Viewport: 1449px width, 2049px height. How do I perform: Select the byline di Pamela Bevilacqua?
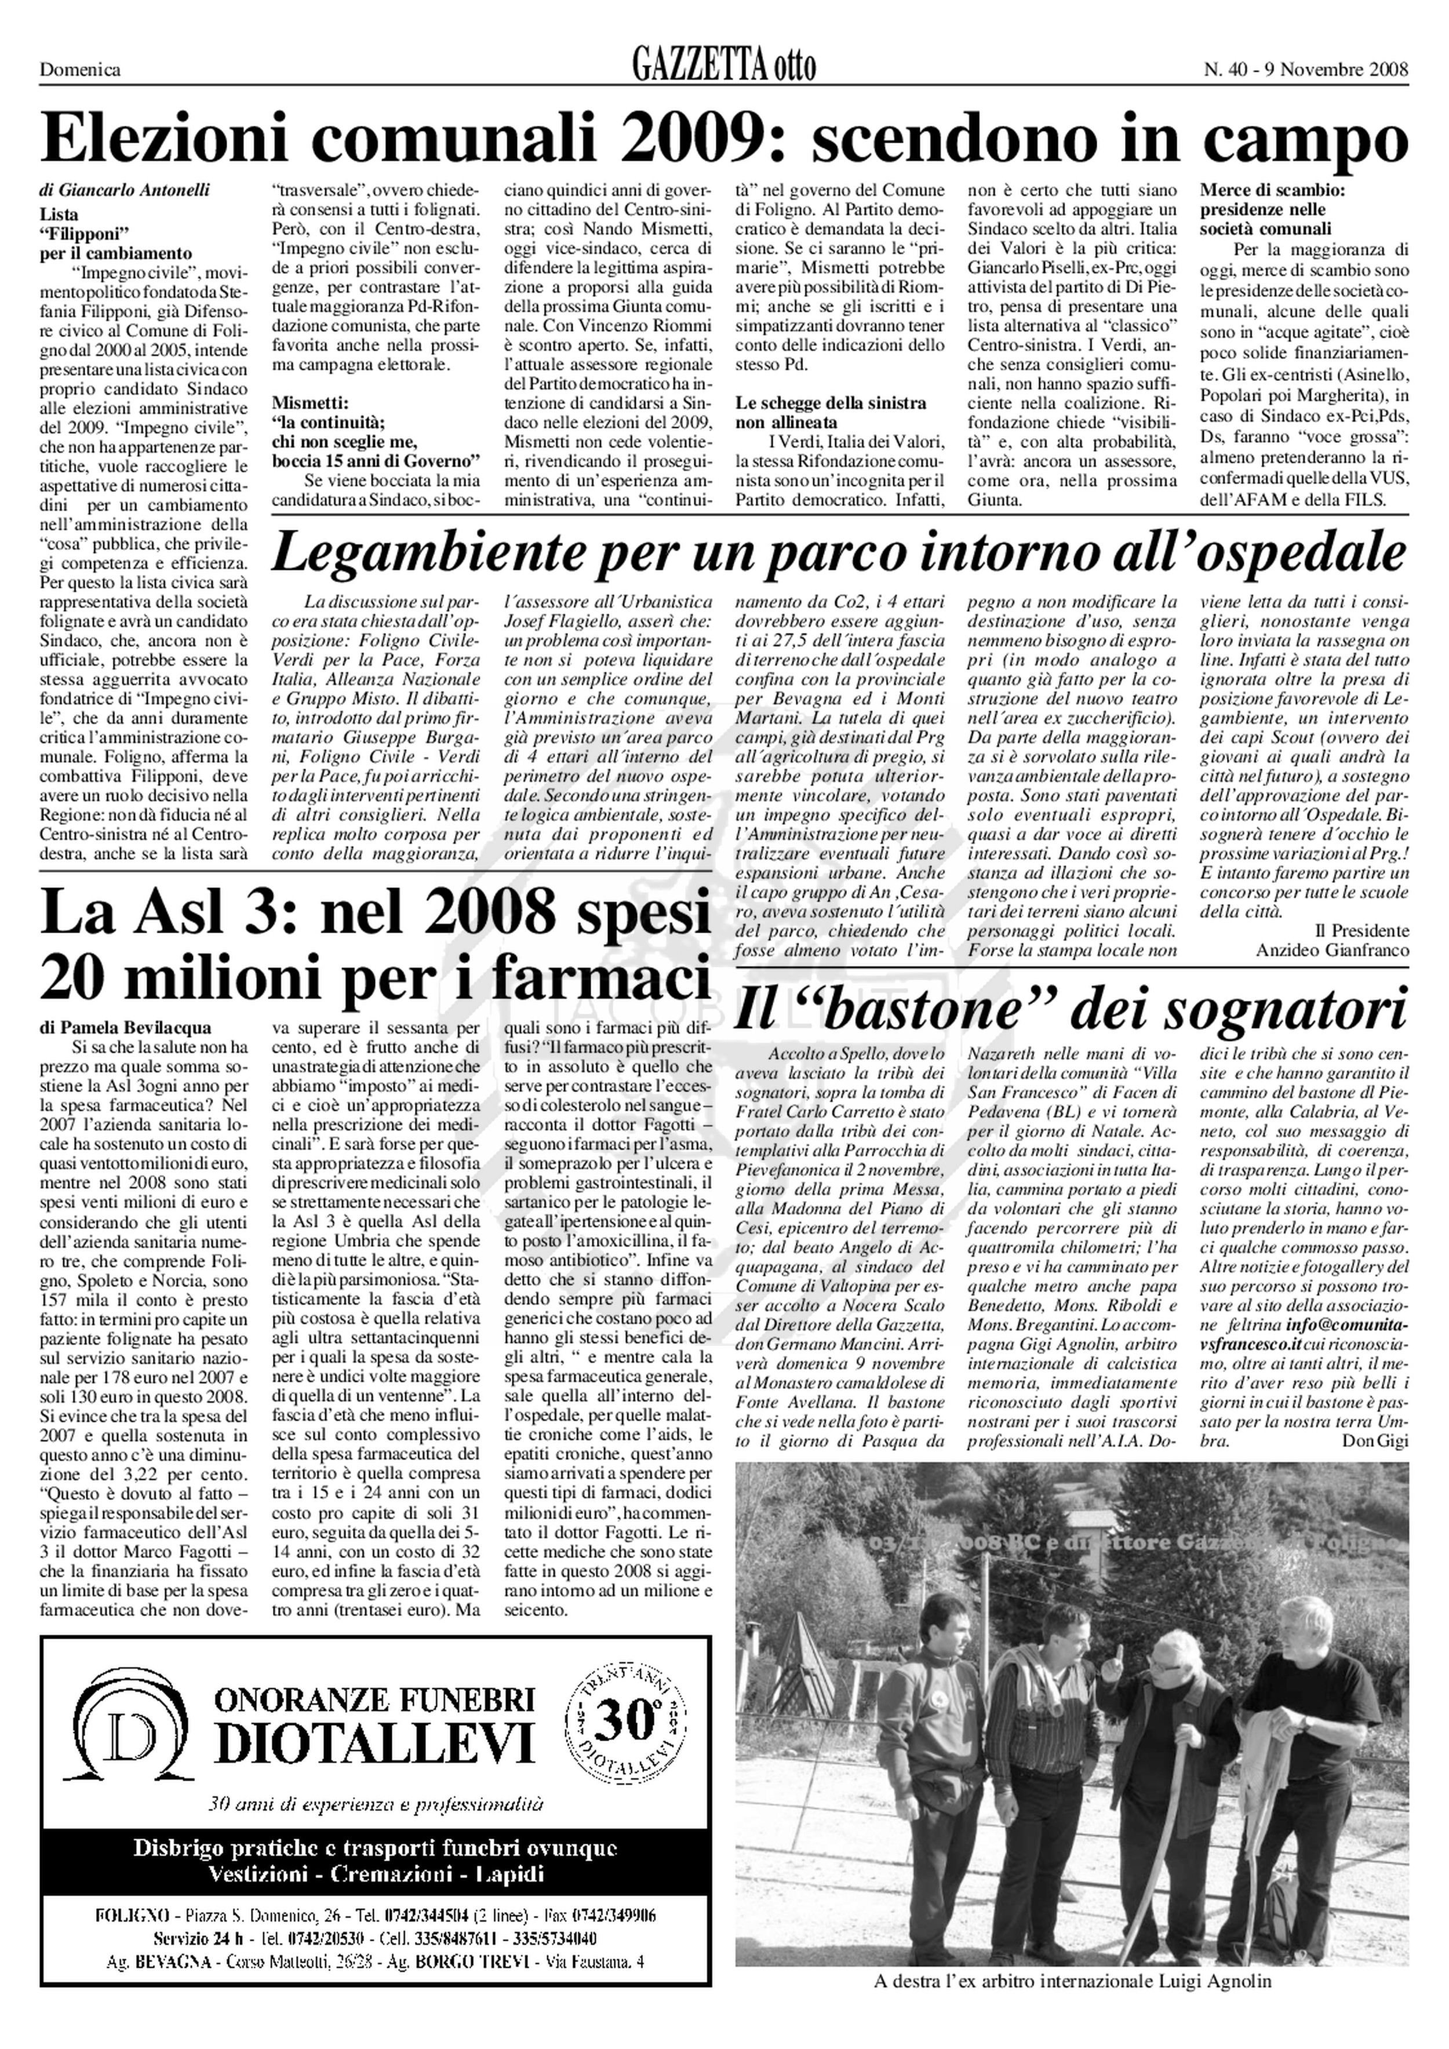(x=126, y=1028)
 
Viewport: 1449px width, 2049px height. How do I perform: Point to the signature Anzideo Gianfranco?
(x=1332, y=951)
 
